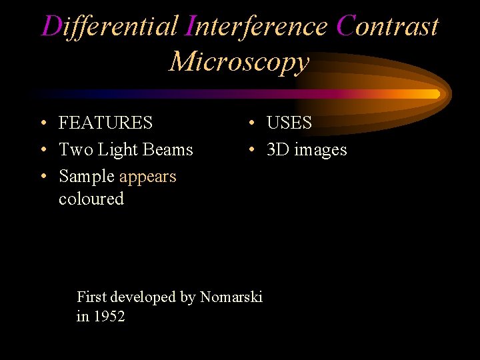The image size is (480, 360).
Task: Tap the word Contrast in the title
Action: point(387,27)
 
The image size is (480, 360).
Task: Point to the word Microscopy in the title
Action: point(239,61)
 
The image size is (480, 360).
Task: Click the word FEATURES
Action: point(105,123)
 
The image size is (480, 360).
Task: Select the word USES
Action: point(289,123)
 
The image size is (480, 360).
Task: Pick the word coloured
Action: point(91,199)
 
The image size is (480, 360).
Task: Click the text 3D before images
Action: point(278,150)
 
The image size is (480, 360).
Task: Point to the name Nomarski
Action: point(231,297)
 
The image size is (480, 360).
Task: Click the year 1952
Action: point(110,317)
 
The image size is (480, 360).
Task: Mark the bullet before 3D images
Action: point(251,151)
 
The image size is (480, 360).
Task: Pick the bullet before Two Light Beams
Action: point(42,151)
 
